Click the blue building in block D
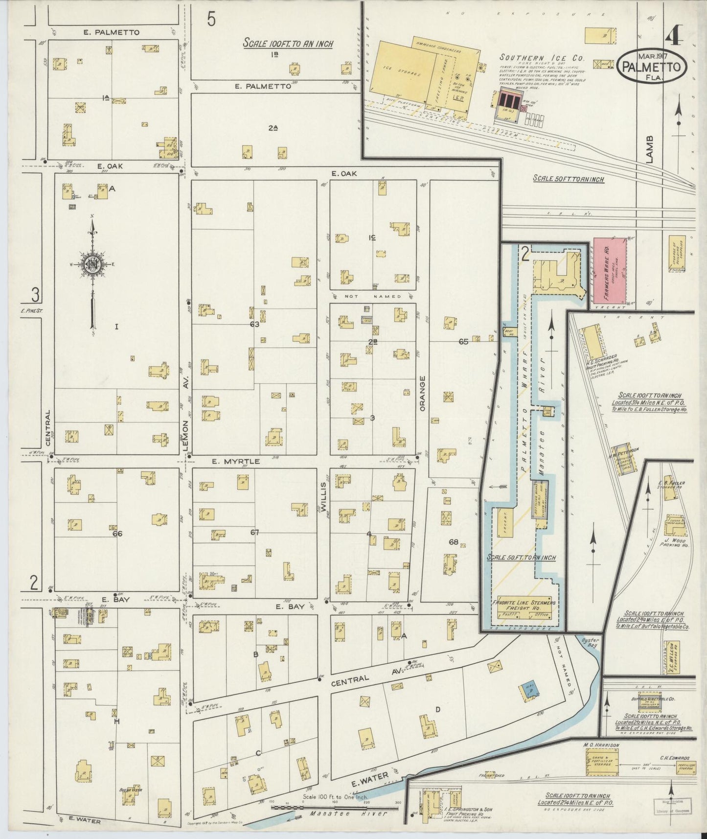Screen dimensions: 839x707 [x=528, y=688]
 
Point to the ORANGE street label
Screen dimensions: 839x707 [x=423, y=392]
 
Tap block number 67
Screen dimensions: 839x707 [x=254, y=533]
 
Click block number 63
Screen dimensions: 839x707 [x=254, y=324]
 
